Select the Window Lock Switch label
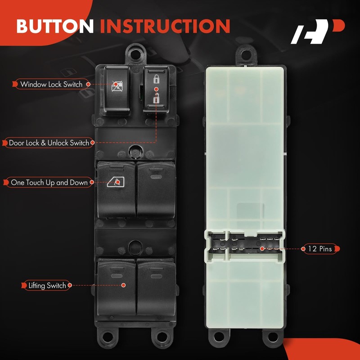[x=51, y=84]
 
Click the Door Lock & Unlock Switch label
[x=49, y=143]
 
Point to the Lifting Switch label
[x=47, y=285]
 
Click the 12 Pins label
[x=319, y=248]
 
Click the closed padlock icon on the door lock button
[x=156, y=80]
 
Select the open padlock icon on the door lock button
[x=156, y=98]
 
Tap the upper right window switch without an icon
[x=156, y=189]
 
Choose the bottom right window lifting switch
[x=156, y=287]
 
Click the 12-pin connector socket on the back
[x=245, y=245]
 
